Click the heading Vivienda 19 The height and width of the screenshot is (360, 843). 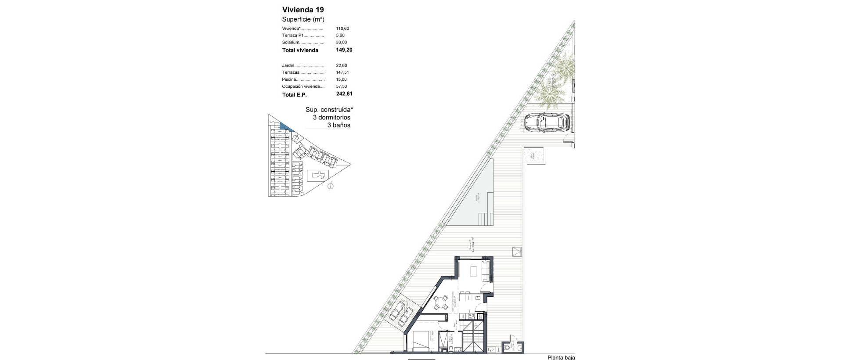[x=303, y=10]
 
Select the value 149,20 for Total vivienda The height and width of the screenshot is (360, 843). [x=344, y=50]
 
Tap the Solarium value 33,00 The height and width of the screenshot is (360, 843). [x=341, y=43]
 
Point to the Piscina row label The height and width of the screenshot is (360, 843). [x=290, y=79]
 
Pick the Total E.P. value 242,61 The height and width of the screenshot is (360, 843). [x=344, y=94]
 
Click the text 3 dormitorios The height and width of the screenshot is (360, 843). [x=331, y=118]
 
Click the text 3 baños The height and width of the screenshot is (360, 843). [x=339, y=125]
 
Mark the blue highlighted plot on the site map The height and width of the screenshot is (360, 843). [x=286, y=126]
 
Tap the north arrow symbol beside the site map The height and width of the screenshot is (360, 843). [x=331, y=186]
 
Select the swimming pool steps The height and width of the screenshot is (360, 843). [x=484, y=218]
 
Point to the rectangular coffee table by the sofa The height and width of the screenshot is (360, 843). [x=474, y=272]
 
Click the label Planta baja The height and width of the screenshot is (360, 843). [x=561, y=357]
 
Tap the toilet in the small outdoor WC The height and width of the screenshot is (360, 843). [x=509, y=347]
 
